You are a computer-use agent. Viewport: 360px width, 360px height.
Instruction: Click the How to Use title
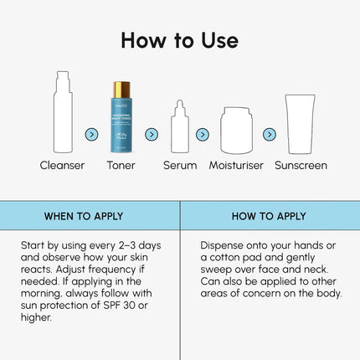[x=179, y=39]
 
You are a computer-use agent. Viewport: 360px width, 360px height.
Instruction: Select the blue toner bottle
[x=122, y=121]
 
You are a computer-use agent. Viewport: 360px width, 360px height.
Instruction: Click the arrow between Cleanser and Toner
[x=92, y=134]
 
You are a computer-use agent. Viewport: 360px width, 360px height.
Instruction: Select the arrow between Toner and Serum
[x=152, y=134]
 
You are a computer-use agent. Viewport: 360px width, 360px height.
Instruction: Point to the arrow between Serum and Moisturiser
[x=203, y=134]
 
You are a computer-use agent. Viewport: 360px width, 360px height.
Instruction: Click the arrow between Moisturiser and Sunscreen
[x=269, y=134]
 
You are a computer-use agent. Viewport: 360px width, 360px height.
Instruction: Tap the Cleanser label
[x=62, y=166]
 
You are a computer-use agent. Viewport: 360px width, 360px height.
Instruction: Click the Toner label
[x=122, y=166]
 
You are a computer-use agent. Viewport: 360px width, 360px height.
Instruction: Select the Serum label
[x=180, y=166]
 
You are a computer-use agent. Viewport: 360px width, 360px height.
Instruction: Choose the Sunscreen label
[x=301, y=166]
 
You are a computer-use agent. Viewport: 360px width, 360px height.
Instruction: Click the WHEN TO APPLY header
[x=84, y=216]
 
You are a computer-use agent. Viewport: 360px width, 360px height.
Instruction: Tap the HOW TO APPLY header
[x=270, y=216]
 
